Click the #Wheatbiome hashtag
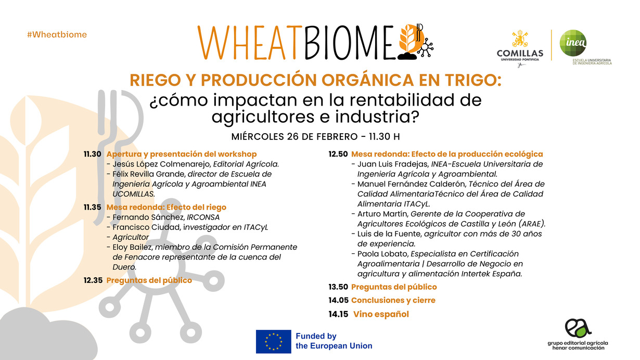pos(57,34)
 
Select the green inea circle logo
pos(573,43)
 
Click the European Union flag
pos(273,341)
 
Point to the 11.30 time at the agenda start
pos(92,155)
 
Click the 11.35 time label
pos(92,207)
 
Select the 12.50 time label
pos(338,155)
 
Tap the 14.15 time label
pos(338,314)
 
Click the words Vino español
pos(381,314)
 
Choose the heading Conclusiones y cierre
pos(393,300)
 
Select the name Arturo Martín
pos(383,214)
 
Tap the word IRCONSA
pos(203,217)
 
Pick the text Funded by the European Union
pos(334,341)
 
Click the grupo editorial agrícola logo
pos(578,334)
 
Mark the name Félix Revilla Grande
pos(149,174)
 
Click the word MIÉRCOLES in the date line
pos(258,137)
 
